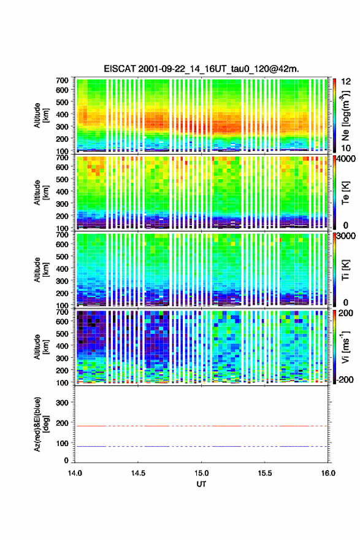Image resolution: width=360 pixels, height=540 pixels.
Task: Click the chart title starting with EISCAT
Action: coord(201,69)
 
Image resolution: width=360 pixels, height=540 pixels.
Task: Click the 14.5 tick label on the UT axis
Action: coord(138,473)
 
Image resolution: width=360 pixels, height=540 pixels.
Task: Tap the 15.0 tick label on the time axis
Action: coord(201,473)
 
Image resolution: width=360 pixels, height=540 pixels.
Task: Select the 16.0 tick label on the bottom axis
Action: coord(328,473)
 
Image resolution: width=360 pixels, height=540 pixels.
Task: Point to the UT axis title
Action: coord(201,484)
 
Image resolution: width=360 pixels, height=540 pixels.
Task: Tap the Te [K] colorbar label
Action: coord(345,193)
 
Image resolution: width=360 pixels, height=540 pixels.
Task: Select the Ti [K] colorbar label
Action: coord(345,269)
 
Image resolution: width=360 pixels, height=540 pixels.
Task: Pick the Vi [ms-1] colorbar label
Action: coord(345,347)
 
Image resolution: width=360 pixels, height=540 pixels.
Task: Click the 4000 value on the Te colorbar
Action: coord(345,159)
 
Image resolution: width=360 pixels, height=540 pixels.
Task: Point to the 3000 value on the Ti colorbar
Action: coord(345,236)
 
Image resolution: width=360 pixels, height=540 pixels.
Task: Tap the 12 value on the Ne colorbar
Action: coord(346,82)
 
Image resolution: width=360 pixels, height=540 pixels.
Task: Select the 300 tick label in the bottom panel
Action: coord(62,403)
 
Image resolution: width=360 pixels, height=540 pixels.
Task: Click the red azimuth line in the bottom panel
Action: coord(201,426)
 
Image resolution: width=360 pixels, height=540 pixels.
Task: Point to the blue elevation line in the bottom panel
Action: coord(201,446)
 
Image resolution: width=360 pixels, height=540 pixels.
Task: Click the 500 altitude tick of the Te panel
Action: coord(62,179)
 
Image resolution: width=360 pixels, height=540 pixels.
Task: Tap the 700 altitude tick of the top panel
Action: coord(62,80)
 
